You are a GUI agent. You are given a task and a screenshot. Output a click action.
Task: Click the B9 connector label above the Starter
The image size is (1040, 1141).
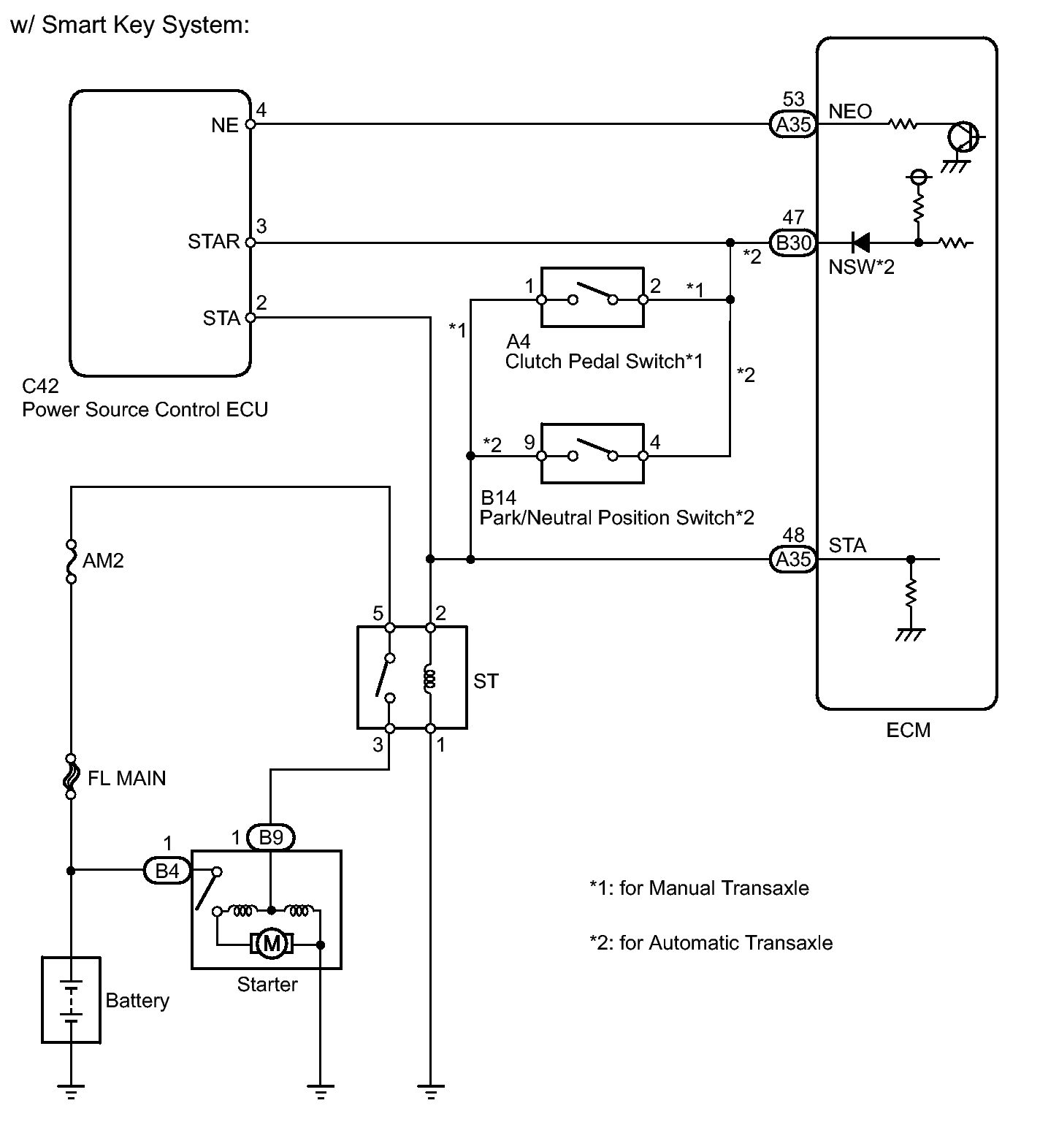[x=271, y=837]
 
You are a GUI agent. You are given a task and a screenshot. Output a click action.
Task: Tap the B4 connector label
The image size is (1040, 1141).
[x=167, y=870]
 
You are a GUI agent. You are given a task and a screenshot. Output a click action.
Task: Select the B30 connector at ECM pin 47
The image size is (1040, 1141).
[x=793, y=243]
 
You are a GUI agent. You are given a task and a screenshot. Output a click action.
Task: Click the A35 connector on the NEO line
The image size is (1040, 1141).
[x=793, y=124]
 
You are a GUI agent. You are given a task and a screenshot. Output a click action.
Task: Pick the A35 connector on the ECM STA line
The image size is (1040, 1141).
[x=793, y=560]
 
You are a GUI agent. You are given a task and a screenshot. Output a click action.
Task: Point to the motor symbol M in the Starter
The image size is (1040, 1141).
[x=272, y=945]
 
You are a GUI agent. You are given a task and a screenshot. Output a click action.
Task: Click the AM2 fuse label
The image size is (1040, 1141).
[x=104, y=560]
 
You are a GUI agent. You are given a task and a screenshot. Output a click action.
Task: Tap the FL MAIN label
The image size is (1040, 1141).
[x=126, y=778]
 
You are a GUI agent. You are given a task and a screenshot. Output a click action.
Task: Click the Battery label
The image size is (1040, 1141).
[x=137, y=1000]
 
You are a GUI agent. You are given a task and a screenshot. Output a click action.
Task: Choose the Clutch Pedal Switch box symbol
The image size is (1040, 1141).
[x=592, y=297]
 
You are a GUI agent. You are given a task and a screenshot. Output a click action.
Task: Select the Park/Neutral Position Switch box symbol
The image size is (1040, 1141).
[x=592, y=454]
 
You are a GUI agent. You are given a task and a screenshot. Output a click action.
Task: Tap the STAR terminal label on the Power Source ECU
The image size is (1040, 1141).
[x=213, y=242]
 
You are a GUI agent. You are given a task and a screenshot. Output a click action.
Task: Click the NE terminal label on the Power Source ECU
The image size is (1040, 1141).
[x=225, y=126]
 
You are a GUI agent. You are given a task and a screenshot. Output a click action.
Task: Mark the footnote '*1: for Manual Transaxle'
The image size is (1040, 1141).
[x=699, y=888]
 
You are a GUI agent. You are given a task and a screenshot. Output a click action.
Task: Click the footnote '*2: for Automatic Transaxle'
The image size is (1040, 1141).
[x=711, y=943]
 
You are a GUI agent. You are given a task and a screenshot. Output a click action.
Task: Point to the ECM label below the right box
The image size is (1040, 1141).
[x=909, y=730]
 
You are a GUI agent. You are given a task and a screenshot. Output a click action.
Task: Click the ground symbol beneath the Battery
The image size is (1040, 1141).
[x=71, y=1092]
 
